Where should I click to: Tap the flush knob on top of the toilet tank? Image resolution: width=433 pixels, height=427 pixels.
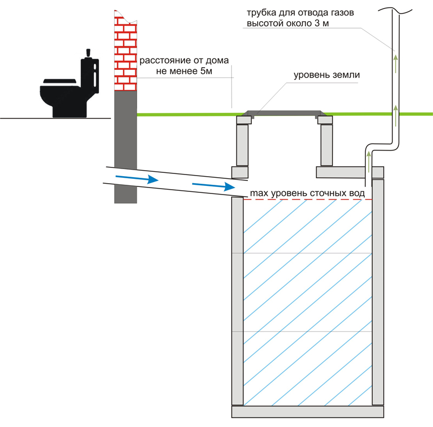(x=88, y=53)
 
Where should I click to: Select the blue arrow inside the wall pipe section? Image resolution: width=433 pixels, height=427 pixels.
(x=137, y=179)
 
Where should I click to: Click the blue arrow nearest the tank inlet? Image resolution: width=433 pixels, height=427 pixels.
(x=213, y=186)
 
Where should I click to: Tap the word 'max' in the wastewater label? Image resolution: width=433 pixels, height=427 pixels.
(x=259, y=193)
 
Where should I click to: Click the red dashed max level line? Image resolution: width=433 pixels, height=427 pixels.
(x=307, y=199)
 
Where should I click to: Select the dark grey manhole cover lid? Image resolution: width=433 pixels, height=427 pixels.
(x=284, y=113)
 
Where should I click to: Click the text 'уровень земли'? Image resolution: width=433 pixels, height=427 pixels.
(x=327, y=75)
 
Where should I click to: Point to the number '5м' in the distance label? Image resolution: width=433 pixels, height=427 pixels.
(x=206, y=71)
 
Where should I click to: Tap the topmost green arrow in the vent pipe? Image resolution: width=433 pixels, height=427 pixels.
(x=396, y=64)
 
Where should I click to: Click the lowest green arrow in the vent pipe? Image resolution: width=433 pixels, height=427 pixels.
(x=369, y=161)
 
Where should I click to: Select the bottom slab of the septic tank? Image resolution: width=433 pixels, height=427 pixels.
(x=307, y=412)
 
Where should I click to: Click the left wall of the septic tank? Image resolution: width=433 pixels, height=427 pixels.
(x=238, y=301)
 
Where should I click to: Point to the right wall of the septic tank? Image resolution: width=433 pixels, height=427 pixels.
(x=378, y=292)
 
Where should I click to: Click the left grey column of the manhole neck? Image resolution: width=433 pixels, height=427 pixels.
(x=242, y=145)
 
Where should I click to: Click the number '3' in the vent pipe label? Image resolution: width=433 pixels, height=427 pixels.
(x=317, y=23)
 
